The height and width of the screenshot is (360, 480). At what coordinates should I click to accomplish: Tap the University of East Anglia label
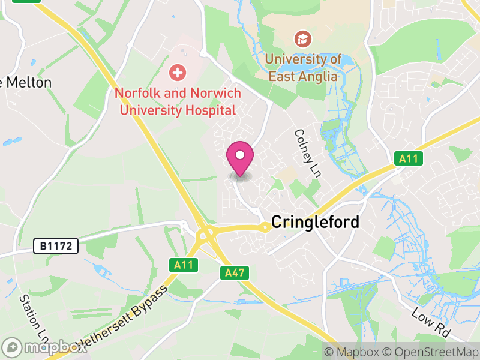[x=304, y=68]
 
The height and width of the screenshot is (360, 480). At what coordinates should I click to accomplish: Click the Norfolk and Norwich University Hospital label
[x=178, y=101]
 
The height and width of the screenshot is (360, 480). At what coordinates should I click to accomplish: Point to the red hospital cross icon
[x=177, y=73]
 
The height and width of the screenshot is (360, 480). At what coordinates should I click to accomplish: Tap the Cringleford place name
[x=315, y=222]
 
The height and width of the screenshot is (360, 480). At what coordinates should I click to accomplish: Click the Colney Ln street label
[x=307, y=153]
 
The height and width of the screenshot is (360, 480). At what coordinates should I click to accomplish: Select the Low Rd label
[x=431, y=321]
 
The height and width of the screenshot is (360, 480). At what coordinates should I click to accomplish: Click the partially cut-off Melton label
[x=26, y=82]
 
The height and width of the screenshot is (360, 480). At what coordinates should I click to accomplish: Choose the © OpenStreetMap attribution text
[x=430, y=352]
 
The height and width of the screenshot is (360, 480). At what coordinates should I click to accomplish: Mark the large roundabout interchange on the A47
[x=206, y=234]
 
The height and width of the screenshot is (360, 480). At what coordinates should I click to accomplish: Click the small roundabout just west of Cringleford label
[x=265, y=227]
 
